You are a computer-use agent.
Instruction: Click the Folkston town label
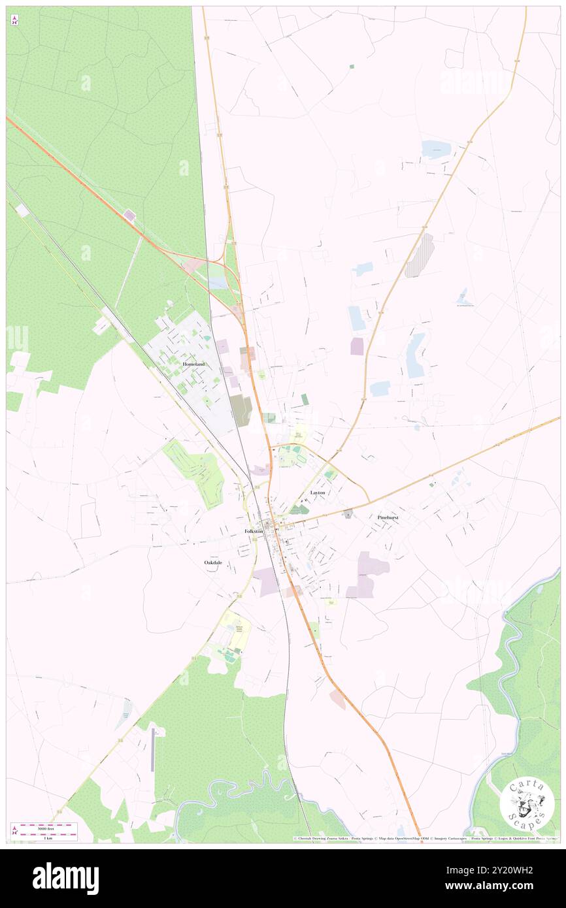coord(254,531)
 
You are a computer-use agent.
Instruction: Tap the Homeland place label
coord(194,364)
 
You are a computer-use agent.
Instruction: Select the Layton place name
coord(318,492)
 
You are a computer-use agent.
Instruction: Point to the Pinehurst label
coord(388,517)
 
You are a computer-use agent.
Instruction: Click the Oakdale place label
coord(214,562)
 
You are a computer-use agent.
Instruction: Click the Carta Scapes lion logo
coord(527,804)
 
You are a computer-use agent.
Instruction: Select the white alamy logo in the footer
coord(65,877)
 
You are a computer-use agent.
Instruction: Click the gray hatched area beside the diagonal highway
coord(420,255)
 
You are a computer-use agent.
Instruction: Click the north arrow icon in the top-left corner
coord(15,20)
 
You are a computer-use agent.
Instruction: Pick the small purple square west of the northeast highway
coord(356,346)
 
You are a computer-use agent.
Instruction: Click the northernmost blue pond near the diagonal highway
coord(436,150)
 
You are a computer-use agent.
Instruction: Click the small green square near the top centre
coord(352,67)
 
